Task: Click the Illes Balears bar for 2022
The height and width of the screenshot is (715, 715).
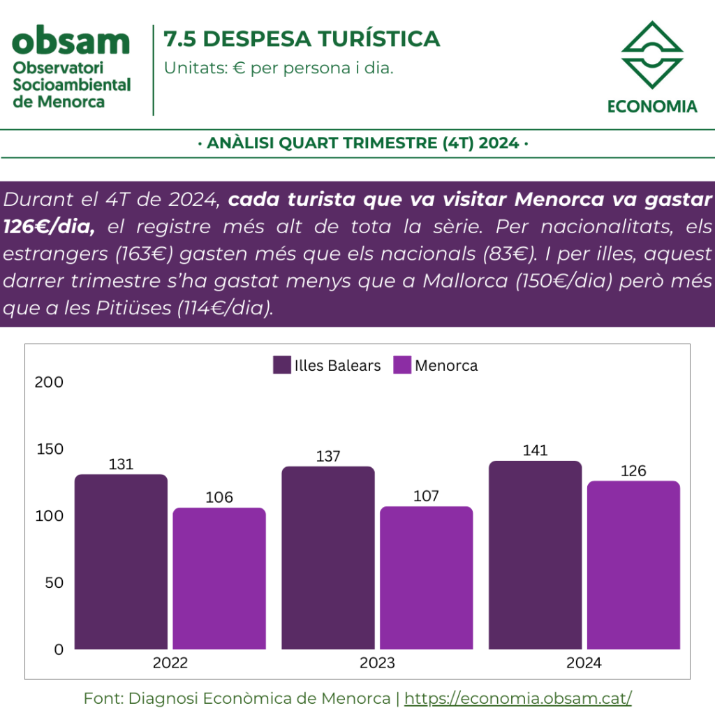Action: pyautogui.click(x=121, y=562)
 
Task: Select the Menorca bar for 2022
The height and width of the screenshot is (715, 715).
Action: pyautogui.click(x=219, y=578)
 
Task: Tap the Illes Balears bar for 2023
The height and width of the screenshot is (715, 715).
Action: pyautogui.click(x=328, y=558)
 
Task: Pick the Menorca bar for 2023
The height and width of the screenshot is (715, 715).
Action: pyautogui.click(x=427, y=577)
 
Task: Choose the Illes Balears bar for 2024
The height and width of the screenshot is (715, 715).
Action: pyautogui.click(x=536, y=555)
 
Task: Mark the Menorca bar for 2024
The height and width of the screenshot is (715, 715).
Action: pyautogui.click(x=633, y=565)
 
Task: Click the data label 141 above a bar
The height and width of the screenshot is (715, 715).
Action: pyautogui.click(x=535, y=450)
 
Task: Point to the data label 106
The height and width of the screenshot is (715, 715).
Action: pyautogui.click(x=219, y=497)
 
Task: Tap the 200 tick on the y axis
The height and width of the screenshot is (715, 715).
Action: pyautogui.click(x=49, y=382)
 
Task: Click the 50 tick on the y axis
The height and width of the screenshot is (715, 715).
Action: pyautogui.click(x=54, y=583)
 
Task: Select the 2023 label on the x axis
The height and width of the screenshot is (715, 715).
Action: pyautogui.click(x=377, y=663)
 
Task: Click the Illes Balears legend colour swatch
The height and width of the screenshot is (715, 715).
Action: pyautogui.click(x=282, y=365)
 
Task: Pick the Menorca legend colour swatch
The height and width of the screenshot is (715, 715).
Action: pyautogui.click(x=402, y=365)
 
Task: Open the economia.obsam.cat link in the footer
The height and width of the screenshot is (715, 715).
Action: pyautogui.click(x=518, y=698)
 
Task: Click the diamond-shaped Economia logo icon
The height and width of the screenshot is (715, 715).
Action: pyautogui.click(x=652, y=54)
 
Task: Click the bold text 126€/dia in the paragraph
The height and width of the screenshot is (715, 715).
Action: pyautogui.click(x=49, y=227)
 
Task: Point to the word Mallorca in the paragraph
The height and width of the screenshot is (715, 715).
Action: pyautogui.click(x=465, y=281)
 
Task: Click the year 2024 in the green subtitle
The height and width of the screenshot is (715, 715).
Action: pyautogui.click(x=499, y=143)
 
